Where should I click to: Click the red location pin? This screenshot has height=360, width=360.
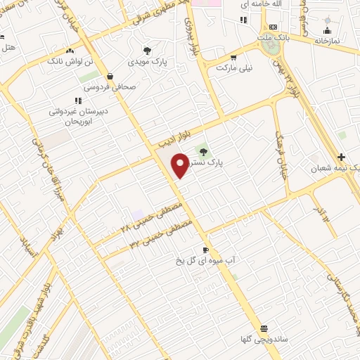point(181,164)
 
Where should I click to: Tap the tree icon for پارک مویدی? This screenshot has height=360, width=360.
point(147,51)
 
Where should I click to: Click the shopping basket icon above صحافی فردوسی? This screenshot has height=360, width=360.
point(110,77)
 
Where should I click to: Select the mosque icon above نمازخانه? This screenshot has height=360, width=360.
point(326,30)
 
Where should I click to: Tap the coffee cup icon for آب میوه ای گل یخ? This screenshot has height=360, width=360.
point(205,250)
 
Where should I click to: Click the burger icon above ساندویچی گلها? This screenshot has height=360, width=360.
point(264,328)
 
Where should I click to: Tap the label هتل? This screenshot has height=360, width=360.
point(8,48)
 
